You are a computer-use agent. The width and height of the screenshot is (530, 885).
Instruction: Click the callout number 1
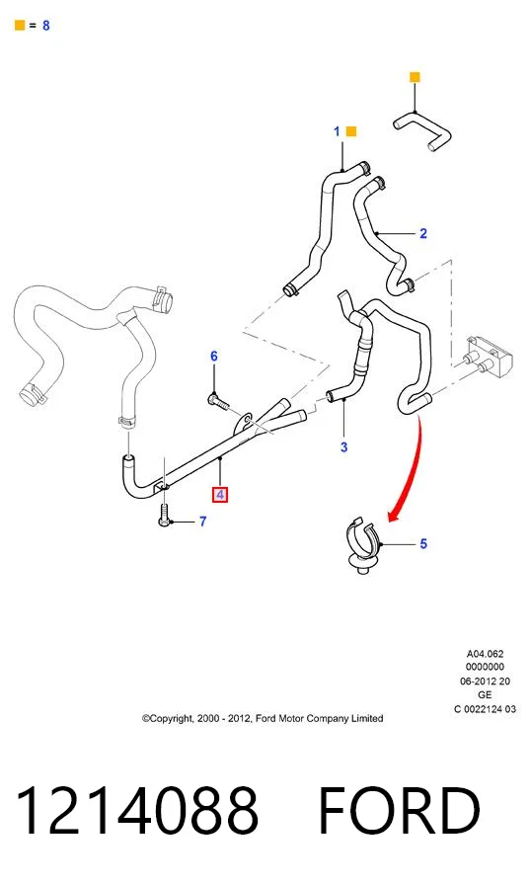337,131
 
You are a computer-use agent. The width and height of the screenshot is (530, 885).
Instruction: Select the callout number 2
423,233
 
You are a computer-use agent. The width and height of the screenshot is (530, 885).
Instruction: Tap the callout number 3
343,447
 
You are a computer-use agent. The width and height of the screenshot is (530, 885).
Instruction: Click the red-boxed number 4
220,495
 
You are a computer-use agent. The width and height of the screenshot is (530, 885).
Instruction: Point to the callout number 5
423,543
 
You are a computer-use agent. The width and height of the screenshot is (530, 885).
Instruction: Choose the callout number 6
214,357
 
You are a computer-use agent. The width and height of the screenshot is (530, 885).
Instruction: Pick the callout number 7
203,522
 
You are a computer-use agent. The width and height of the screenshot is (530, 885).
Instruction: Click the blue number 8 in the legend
45,26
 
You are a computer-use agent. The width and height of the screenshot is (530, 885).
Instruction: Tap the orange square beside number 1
350,131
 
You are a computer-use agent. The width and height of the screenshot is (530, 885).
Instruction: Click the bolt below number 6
219,402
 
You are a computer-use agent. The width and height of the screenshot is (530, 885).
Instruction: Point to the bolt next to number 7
164,515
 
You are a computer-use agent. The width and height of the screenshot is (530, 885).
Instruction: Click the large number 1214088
137,811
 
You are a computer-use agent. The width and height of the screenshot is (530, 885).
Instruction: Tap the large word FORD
399,811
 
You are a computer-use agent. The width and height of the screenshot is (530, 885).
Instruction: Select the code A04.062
485,654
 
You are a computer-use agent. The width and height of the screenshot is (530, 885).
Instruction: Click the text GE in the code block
485,694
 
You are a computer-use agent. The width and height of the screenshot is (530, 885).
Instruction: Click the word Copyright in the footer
167,718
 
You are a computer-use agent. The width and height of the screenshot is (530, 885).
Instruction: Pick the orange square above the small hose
415,77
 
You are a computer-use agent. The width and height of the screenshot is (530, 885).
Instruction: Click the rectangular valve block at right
489,355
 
